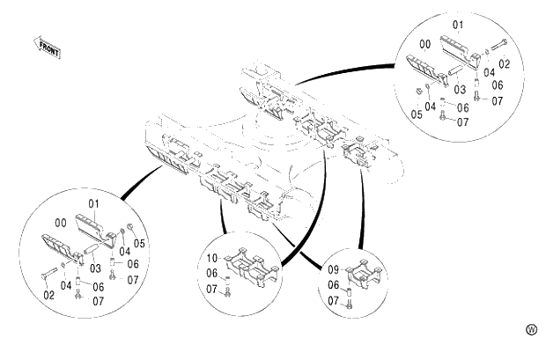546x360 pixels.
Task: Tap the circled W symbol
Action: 531,329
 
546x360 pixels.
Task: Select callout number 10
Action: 212,259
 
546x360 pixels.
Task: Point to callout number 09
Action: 334,268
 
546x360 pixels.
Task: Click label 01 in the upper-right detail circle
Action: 457,23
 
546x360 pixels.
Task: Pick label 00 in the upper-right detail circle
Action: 425,43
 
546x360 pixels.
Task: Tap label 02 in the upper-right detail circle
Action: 505,63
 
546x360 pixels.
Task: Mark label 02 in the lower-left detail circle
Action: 48,296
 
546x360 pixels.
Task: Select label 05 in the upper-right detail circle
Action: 417,114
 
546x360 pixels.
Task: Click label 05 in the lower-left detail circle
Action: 139,243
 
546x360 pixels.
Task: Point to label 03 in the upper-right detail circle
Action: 460,89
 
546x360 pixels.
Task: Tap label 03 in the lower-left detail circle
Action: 94,268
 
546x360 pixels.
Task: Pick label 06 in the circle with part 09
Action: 334,285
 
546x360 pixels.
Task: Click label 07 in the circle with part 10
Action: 212,289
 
